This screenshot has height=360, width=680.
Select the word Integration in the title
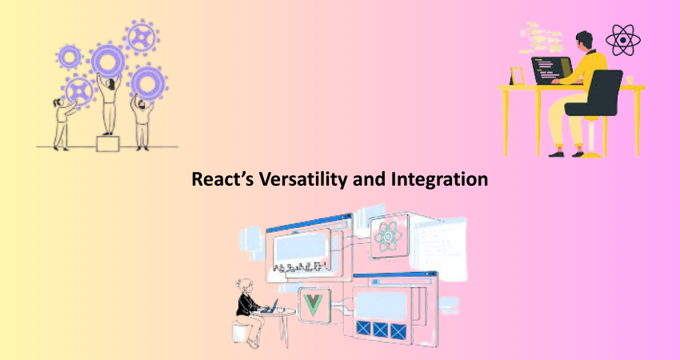(x=439, y=179)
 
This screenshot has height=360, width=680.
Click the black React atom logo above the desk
(x=622, y=40)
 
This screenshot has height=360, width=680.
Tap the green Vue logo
(x=314, y=305)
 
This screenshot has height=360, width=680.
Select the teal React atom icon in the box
(x=388, y=236)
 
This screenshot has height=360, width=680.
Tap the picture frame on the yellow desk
(x=517, y=76)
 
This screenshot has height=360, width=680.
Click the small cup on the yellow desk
(x=630, y=80)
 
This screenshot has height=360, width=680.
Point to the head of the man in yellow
(x=584, y=40)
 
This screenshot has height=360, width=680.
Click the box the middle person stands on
(x=107, y=143)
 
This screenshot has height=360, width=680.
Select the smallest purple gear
(x=70, y=56)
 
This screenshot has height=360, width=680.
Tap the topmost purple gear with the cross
(x=141, y=38)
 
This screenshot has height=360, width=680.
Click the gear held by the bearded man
(x=148, y=82)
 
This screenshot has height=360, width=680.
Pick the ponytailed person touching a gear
(x=62, y=123)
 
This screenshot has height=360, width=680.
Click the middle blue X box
(x=380, y=330)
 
